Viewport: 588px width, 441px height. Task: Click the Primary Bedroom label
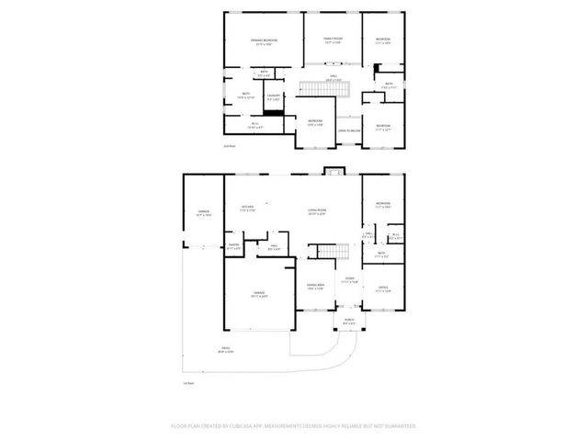pyautogui.click(x=264, y=41)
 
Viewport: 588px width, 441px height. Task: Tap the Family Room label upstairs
pyautogui.click(x=332, y=40)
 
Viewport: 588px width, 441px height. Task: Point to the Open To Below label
pyautogui.click(x=348, y=131)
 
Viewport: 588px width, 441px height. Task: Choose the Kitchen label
pyautogui.click(x=247, y=209)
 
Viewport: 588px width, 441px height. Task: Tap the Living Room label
pyautogui.click(x=317, y=210)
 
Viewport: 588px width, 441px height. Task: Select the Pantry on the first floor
pyautogui.click(x=233, y=246)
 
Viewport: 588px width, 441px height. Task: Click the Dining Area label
pyautogui.click(x=315, y=287)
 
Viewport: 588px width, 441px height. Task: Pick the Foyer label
pyautogui.click(x=349, y=279)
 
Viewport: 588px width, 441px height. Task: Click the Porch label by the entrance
pyautogui.click(x=348, y=322)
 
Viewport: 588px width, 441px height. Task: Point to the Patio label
pyautogui.click(x=225, y=349)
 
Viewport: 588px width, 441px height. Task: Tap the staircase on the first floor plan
pyautogui.click(x=329, y=252)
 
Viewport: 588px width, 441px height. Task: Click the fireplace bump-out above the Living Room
pyautogui.click(x=332, y=171)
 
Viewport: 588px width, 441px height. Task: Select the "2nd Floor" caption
pyautogui.click(x=230, y=146)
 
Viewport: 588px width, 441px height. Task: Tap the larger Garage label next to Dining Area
pyautogui.click(x=260, y=294)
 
